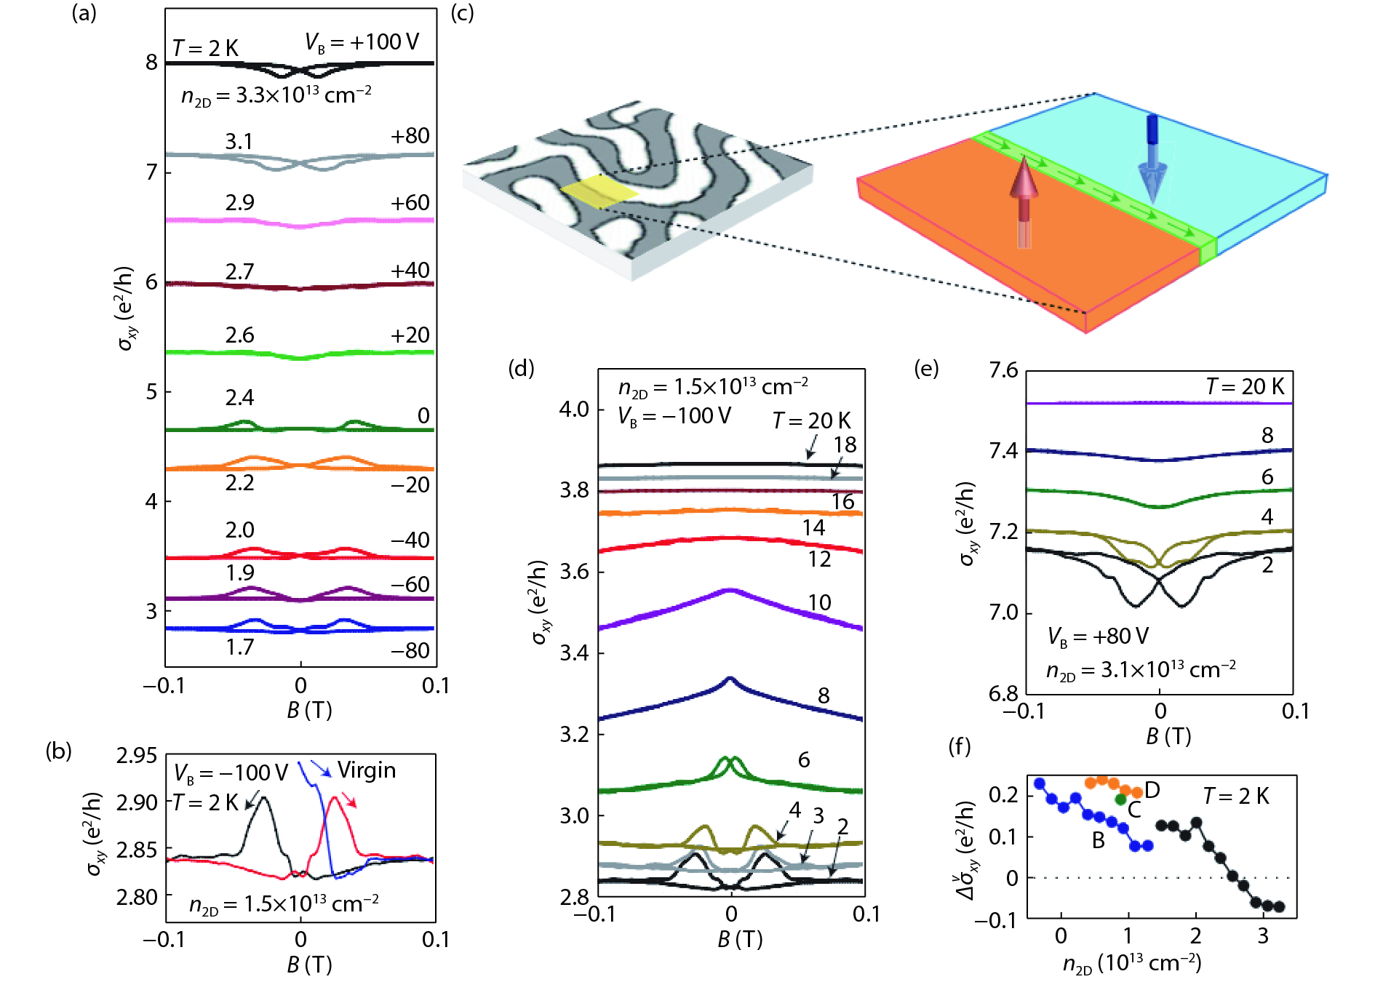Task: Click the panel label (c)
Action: pos(462,13)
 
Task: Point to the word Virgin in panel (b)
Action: pos(367,770)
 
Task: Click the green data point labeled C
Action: pos(1120,799)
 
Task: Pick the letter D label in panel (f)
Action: pos(1152,790)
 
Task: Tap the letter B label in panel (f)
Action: pos(1099,841)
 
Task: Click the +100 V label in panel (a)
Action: pos(362,42)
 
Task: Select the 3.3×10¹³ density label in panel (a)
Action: pos(276,95)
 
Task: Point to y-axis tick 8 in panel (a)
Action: pos(151,63)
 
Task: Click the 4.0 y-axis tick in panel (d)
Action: pos(573,409)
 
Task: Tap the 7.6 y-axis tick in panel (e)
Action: pos(1003,371)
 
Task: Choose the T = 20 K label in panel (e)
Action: pos(1245,386)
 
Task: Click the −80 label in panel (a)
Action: pos(410,650)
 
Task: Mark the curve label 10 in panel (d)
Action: pos(819,602)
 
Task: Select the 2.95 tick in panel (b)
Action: pos(137,757)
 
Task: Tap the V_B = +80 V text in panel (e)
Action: pos(1098,637)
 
